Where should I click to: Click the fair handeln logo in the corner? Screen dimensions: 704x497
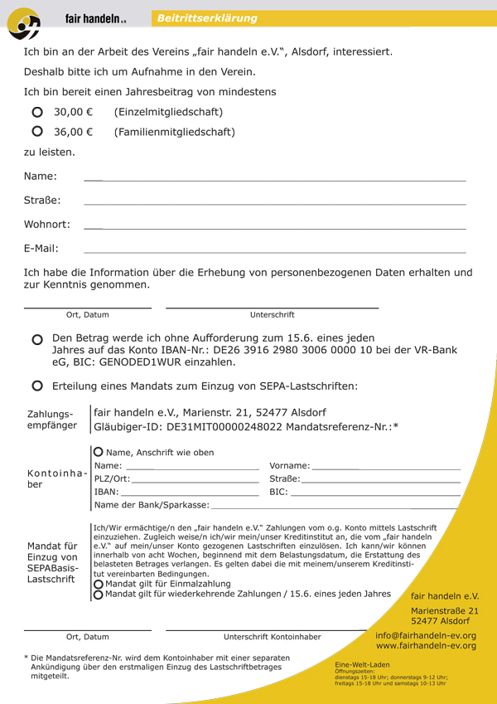tap(24, 25)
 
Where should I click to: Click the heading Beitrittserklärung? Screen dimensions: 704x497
tap(207, 18)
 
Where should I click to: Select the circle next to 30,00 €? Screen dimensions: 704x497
tap(37, 112)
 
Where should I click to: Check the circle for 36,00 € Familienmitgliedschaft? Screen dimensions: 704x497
tap(37, 132)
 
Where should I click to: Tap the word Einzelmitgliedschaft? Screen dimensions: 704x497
tap(168, 112)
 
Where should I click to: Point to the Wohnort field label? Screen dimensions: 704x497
tap(47, 224)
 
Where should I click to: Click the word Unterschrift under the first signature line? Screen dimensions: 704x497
tap(272, 315)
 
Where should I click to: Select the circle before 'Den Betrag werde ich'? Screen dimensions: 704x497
tap(37, 340)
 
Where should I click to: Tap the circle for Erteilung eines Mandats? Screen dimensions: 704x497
tap(37, 386)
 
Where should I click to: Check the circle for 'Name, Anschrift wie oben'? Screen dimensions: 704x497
tap(99, 452)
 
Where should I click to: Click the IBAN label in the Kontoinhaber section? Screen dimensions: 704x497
tap(105, 492)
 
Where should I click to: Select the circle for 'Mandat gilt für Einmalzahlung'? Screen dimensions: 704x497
tap(99, 583)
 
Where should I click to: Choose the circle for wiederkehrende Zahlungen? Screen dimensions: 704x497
tap(99, 594)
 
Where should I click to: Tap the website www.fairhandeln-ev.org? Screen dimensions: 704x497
tap(426, 646)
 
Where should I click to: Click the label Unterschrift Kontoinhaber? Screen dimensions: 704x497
tap(272, 637)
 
